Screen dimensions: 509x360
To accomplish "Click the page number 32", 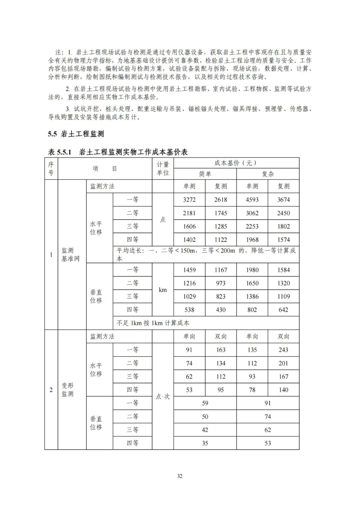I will tap(180, 476).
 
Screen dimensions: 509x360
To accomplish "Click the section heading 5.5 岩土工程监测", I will tap(76, 134).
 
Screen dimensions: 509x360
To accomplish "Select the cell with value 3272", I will tap(189, 200).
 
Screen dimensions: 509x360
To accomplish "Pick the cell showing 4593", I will tap(252, 200).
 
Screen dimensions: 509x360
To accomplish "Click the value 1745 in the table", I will tap(221, 213).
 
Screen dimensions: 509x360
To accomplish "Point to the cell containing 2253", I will tap(252, 226).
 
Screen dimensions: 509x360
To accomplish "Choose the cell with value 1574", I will tap(283, 240).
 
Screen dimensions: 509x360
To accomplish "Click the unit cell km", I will tap(163, 290).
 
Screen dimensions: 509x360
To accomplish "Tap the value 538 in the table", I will tap(189, 310).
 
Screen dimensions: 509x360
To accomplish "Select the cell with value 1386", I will tap(252, 296).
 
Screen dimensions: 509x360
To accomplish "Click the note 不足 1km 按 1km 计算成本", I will tap(153, 323).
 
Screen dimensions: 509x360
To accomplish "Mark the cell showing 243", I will tap(283, 350).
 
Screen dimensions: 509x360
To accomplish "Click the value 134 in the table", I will tap(221, 363).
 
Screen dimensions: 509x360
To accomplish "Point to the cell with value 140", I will tap(283, 390).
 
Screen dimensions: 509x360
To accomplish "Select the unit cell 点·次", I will tap(163, 396).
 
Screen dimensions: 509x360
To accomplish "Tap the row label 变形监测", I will tap(68, 390).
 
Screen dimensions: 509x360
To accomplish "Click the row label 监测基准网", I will tap(70, 255).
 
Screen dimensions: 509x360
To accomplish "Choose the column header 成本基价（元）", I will tap(236, 163).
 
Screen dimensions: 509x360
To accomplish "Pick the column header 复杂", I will tap(268, 174).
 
